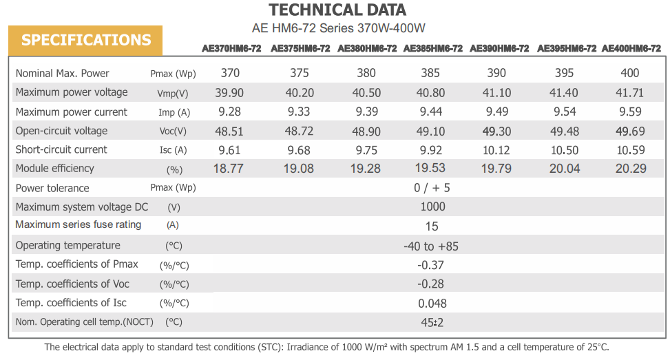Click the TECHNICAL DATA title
[337, 10]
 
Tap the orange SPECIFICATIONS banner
[85, 40]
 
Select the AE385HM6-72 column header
[432, 49]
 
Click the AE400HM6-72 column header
[631, 49]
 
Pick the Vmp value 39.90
[230, 93]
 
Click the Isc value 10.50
[565, 150]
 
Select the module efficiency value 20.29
[630, 169]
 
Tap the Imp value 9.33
[299, 112]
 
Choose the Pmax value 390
[496, 74]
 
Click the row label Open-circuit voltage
[61, 131]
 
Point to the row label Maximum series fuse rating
[78, 224]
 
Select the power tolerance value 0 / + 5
[432, 188]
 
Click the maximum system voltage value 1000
[432, 207]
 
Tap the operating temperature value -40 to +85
[431, 246]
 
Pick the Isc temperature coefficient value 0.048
[432, 303]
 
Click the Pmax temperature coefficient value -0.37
[431, 265]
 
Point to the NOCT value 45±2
[432, 321]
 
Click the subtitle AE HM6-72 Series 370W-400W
[339, 29]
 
